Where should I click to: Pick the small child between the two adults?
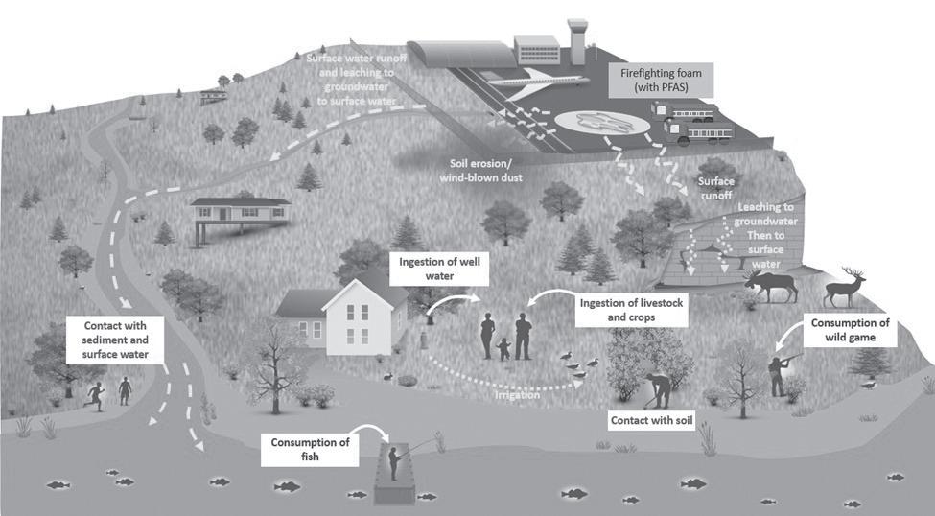click(x=504, y=346)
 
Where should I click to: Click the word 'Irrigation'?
click(x=517, y=393)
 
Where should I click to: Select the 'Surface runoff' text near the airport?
click(x=716, y=187)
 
